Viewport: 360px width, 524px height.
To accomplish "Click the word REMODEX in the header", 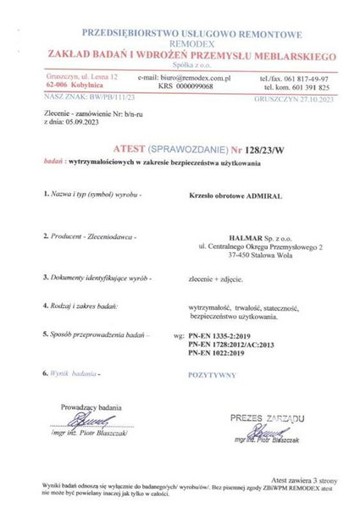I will tap(179, 39).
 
